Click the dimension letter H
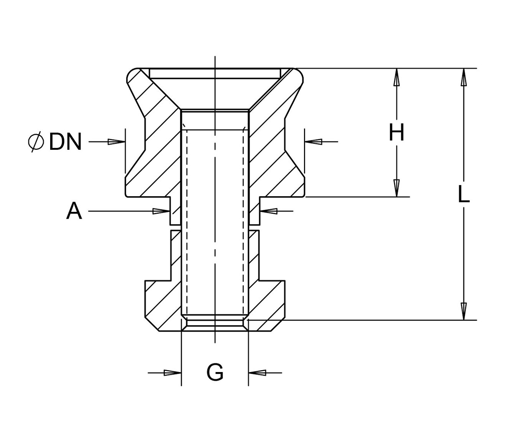(x=396, y=133)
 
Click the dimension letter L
(x=463, y=195)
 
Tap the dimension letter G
(x=215, y=372)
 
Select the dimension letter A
(x=74, y=211)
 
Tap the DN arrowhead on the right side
(x=313, y=142)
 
